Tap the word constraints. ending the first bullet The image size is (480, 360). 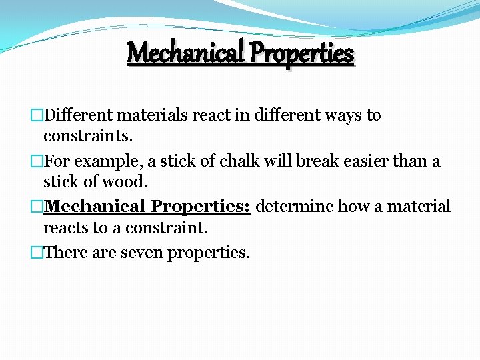click(88, 137)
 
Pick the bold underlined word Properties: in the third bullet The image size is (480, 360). click(201, 207)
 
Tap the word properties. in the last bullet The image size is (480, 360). click(209, 253)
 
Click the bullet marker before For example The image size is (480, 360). click(37, 161)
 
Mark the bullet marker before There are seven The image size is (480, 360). click(37, 253)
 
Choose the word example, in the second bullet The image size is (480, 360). click(101, 161)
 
